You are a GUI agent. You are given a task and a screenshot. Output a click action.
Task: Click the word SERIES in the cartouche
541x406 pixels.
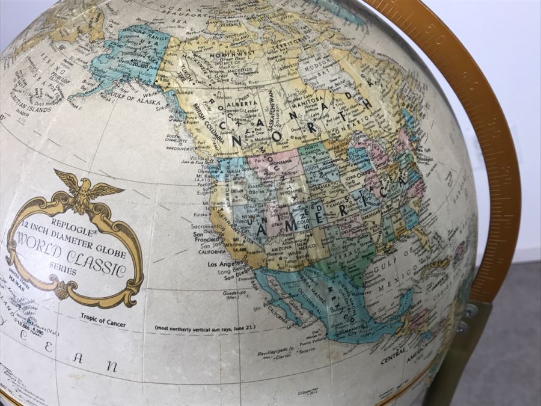[64, 271]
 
